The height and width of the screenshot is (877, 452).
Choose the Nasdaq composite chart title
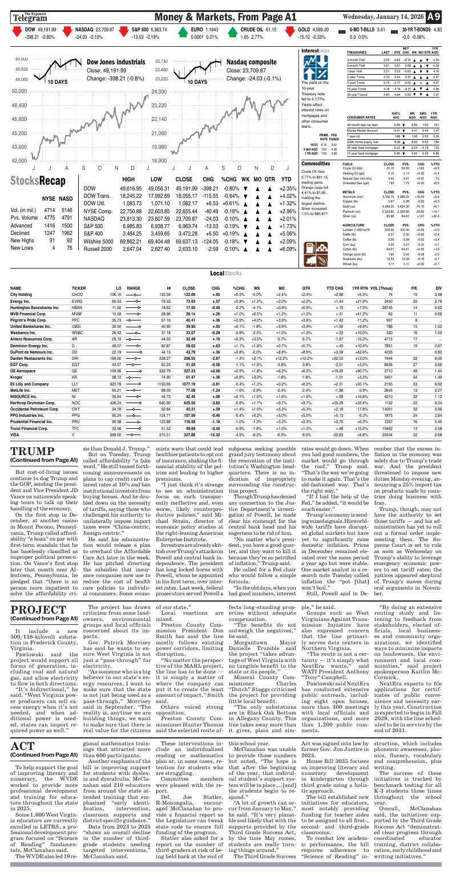tap(252, 62)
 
